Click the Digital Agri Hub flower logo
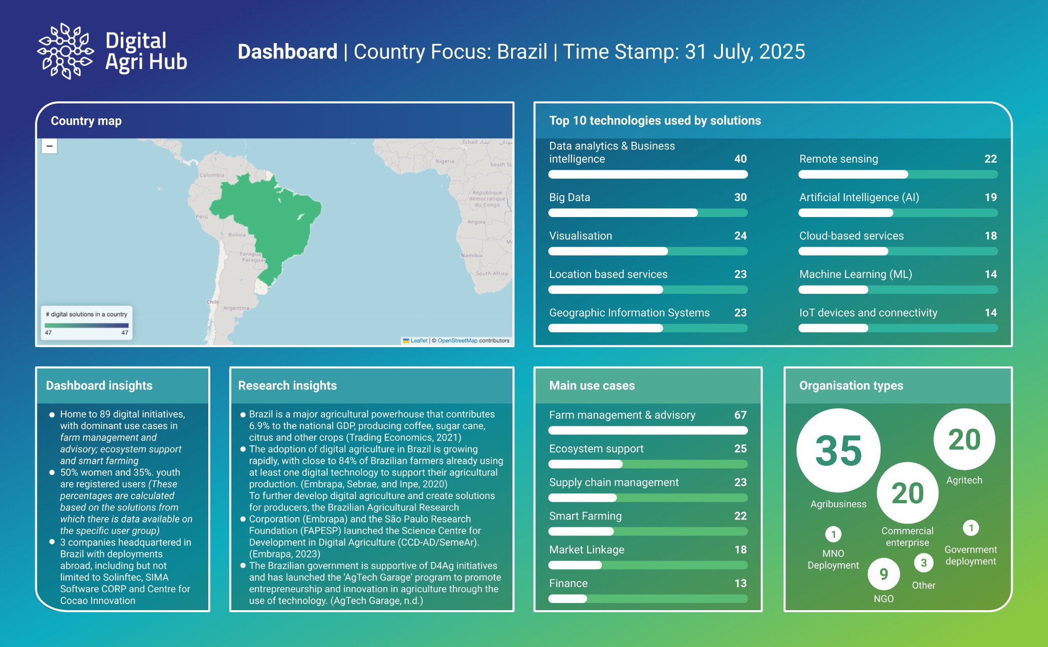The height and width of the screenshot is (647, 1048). click(65, 51)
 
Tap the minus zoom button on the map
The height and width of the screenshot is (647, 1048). click(50, 146)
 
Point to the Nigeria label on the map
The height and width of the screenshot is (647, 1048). click(445, 161)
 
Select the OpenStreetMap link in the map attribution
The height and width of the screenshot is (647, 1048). click(457, 341)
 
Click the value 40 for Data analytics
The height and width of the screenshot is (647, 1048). click(740, 159)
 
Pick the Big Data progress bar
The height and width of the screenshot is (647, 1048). click(647, 213)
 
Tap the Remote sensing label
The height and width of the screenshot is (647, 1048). click(838, 159)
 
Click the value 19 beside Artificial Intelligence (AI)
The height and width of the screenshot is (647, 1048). click(990, 198)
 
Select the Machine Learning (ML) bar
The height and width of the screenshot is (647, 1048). click(898, 290)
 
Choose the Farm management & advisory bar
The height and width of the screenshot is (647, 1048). click(647, 430)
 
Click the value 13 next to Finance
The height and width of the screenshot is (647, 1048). click(740, 584)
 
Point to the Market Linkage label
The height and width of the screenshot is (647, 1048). click(586, 550)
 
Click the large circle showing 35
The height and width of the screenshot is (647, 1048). click(838, 450)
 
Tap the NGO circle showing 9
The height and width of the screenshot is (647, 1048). click(883, 574)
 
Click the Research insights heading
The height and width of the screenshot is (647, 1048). click(287, 385)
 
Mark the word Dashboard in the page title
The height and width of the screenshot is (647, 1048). click(287, 52)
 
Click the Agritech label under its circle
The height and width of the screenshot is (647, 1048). click(964, 480)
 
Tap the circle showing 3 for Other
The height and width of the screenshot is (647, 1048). click(923, 564)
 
